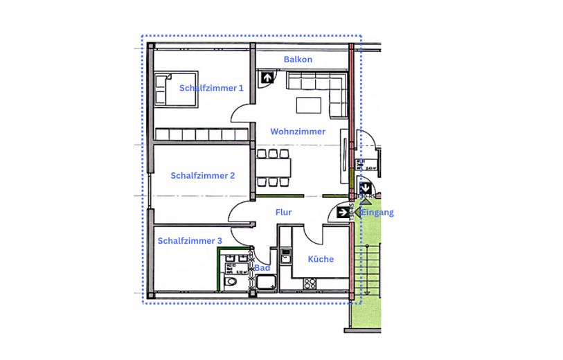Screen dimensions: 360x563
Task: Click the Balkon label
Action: tap(298, 60)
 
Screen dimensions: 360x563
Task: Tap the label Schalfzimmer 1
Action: tap(211, 88)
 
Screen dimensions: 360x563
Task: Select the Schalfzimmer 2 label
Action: tap(202, 176)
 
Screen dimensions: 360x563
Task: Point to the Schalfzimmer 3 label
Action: tap(190, 241)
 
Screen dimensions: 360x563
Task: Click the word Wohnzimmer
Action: tap(298, 132)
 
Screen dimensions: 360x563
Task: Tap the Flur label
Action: tap(283, 213)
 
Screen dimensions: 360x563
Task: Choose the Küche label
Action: tap(321, 259)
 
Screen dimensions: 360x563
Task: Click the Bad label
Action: tap(262, 267)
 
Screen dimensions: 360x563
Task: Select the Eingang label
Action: tap(377, 213)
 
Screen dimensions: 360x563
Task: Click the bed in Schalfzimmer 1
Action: tap(176, 89)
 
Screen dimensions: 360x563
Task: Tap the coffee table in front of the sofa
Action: tap(309, 105)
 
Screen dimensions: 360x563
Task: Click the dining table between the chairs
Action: tap(274, 168)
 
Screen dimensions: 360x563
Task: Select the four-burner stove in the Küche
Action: tap(310, 283)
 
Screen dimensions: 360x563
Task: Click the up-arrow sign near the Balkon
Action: tap(266, 78)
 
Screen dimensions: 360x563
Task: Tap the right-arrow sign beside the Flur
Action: tap(343, 213)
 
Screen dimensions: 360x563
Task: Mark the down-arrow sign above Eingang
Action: tap(365, 187)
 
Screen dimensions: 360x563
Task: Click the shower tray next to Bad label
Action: tap(266, 282)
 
